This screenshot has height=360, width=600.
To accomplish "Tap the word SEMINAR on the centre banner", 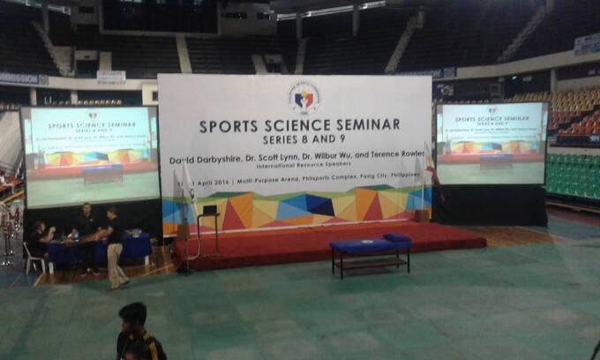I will click(366, 125).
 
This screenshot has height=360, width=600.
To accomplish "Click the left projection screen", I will click(90, 156).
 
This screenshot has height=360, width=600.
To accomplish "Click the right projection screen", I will click(491, 143).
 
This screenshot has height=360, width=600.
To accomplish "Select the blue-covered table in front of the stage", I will click(371, 252).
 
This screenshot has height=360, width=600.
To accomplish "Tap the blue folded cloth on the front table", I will click(397, 237).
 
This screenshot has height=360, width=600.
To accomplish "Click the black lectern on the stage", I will click(210, 225).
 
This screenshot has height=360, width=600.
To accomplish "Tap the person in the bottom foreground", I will click(138, 334).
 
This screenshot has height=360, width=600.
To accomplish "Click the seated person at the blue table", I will click(41, 239).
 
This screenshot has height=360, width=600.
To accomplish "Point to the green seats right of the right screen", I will click(573, 176).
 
